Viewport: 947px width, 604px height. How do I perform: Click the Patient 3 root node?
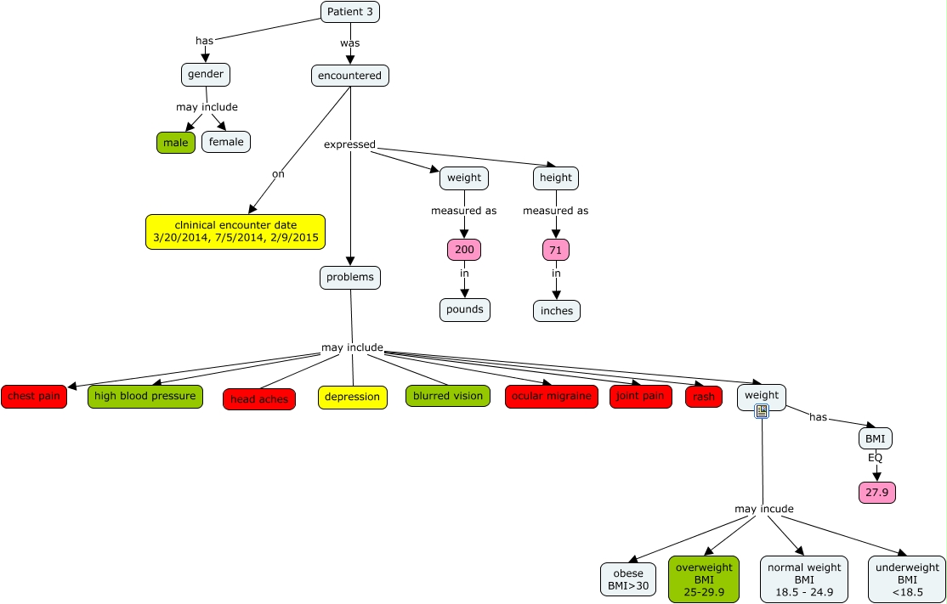point(349,11)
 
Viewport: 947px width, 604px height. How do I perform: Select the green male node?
point(176,143)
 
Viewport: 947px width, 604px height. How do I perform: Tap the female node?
point(226,142)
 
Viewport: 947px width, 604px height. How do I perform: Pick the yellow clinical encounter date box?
point(235,232)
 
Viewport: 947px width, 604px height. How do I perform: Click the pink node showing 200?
point(464,250)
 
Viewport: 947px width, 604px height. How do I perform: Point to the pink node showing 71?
point(556,250)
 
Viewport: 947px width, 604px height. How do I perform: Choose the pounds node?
point(464,309)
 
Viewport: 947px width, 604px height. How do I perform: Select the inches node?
point(556,311)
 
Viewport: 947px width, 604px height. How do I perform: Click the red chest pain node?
point(34,397)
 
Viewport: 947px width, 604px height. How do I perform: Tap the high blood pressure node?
point(145,397)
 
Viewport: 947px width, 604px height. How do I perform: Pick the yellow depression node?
point(353,398)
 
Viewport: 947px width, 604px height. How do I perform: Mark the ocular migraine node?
point(552,397)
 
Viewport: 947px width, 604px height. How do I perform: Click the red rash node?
point(704,397)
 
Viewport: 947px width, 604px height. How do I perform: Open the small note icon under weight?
point(762,411)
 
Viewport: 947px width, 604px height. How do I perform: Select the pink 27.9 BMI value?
point(877,493)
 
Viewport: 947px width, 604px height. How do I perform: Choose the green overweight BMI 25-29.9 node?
point(704,579)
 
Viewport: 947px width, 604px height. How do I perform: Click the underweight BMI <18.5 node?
point(906,579)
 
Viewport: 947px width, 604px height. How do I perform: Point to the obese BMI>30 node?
point(628,579)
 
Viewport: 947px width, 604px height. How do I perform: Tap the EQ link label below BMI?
point(875,458)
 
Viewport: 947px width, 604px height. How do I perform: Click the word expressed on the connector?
point(349,144)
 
